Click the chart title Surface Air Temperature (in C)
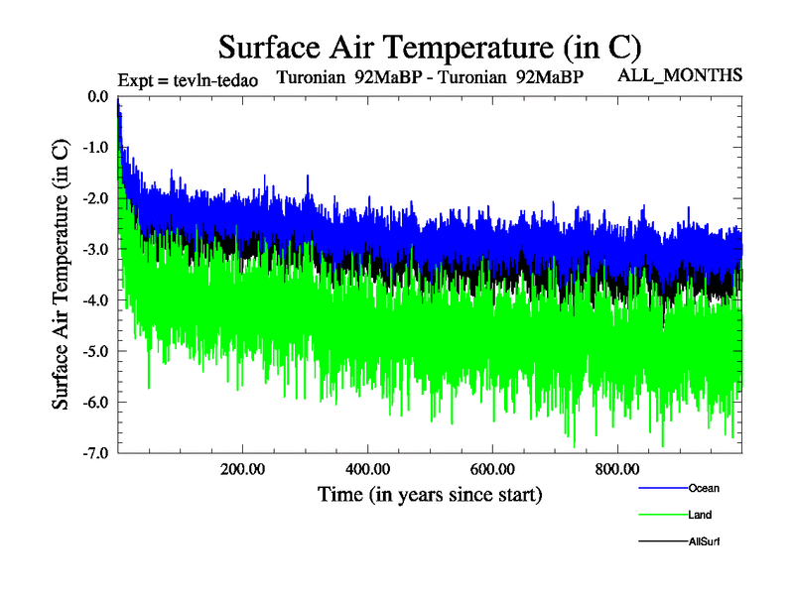point(430,47)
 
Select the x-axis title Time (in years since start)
point(430,493)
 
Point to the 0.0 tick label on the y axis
point(97,96)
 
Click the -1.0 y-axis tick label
point(95,147)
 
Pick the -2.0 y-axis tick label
point(95,198)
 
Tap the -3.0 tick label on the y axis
point(95,249)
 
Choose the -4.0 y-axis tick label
point(95,299)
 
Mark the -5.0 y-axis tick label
point(95,351)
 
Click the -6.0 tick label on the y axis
point(95,402)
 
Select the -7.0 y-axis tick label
point(95,453)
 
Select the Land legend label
point(699,515)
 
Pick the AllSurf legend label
point(704,541)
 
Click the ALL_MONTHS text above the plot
point(680,75)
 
